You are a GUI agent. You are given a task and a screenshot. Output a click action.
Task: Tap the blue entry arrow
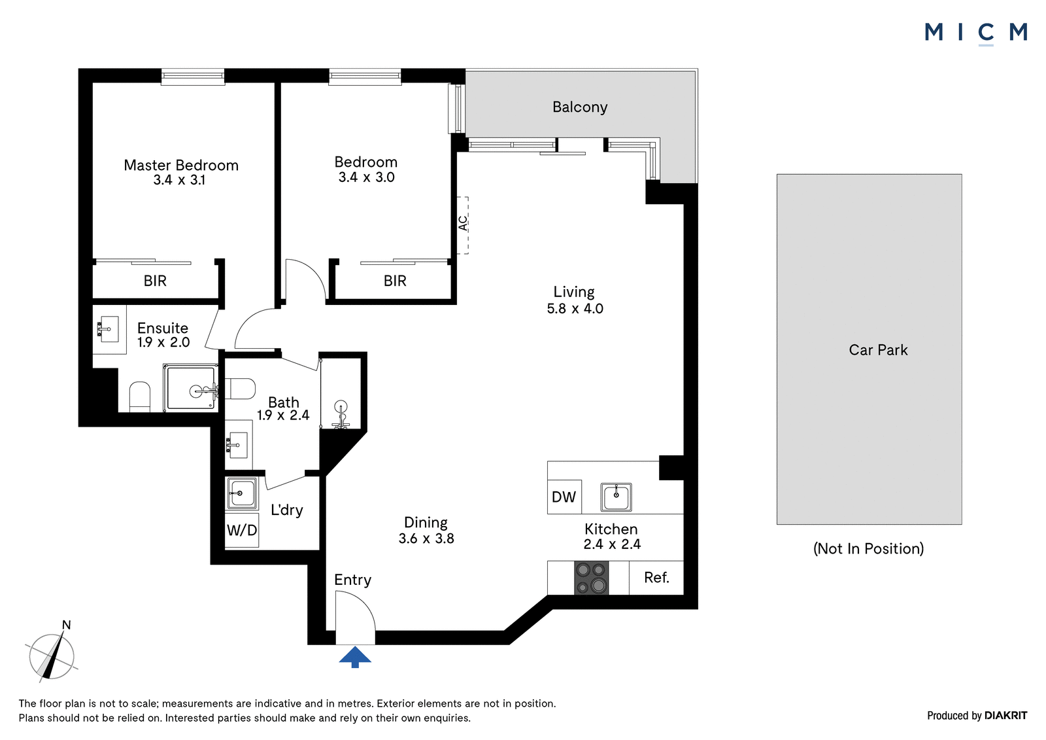(355, 657)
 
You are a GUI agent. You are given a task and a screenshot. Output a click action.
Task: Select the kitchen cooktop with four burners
(591, 578)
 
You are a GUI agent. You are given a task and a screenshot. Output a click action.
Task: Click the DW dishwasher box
(564, 497)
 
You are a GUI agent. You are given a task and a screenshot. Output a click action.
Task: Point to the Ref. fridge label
(656, 578)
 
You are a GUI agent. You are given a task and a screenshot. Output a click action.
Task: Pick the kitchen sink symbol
(616, 497)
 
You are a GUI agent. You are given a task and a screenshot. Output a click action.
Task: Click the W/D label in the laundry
(242, 529)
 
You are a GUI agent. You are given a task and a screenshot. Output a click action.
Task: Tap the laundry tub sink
(241, 493)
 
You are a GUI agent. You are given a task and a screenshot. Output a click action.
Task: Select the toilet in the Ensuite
(139, 397)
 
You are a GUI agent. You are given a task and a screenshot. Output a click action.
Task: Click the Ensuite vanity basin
(109, 328)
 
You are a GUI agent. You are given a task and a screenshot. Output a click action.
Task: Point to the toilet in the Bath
(240, 389)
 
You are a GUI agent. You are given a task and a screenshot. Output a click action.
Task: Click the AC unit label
(463, 223)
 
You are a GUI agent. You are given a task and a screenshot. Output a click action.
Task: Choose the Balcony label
(580, 107)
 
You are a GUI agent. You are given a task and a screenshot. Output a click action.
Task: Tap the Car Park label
(879, 349)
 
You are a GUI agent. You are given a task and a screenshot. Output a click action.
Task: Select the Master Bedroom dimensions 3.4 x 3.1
(180, 180)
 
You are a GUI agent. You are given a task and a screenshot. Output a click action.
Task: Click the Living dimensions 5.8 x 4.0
(575, 309)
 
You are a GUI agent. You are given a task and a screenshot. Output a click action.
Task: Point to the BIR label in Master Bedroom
(155, 281)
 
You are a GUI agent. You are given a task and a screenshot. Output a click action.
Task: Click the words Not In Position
(869, 548)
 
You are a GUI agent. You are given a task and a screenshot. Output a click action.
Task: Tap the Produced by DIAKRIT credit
(977, 716)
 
